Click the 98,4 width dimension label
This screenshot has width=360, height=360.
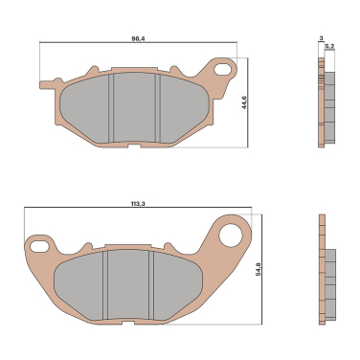click(x=138, y=38)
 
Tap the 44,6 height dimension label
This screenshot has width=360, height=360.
click(x=244, y=102)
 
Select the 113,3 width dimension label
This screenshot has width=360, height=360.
click(x=138, y=204)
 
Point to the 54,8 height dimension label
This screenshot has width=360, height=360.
click(x=259, y=269)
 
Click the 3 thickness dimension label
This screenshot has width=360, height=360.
click(x=321, y=38)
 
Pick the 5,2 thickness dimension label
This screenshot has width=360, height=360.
click(x=329, y=47)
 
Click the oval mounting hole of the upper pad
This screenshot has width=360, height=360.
click(x=223, y=69)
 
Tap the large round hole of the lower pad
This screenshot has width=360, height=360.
click(x=231, y=236)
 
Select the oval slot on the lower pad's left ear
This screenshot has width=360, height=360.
click(x=39, y=246)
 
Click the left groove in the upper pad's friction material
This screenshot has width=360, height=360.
click(x=111, y=108)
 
